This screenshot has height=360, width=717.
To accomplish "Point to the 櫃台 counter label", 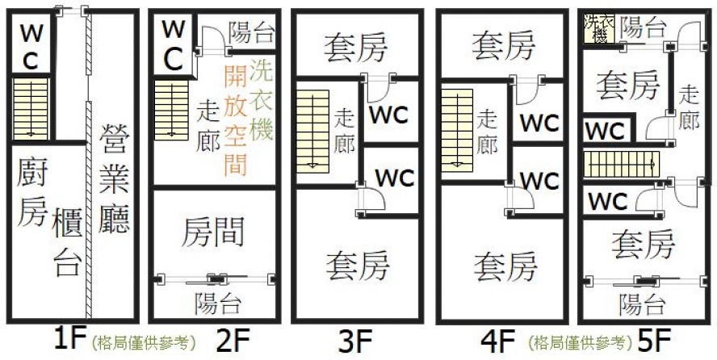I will pyautogui.click(x=68, y=242).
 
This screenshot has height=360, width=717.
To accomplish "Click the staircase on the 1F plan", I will pyautogui.click(x=31, y=108).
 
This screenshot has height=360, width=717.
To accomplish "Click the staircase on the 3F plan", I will pyautogui.click(x=312, y=131).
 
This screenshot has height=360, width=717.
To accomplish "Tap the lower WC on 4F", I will pyautogui.click(x=539, y=180).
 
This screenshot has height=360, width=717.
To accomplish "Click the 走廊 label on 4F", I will pyautogui.click(x=486, y=131).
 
